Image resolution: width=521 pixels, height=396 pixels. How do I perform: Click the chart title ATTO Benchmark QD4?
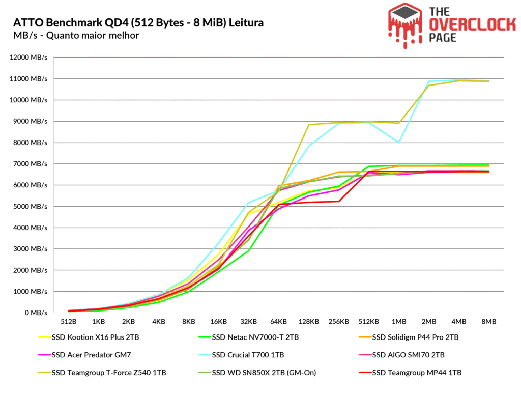click(x=138, y=23)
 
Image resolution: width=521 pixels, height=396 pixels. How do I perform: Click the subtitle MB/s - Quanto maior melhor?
click(x=76, y=35)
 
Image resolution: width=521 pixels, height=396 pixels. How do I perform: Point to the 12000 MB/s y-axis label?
click(x=28, y=58)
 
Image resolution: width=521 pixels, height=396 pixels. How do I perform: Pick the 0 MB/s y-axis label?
click(x=36, y=313)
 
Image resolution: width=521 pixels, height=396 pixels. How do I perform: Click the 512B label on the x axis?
click(x=69, y=322)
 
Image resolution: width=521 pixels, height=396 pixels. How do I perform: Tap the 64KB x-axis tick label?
click(x=279, y=322)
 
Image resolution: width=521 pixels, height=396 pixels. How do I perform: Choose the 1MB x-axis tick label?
click(x=399, y=322)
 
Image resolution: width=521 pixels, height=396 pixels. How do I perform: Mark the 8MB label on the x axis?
click(x=489, y=322)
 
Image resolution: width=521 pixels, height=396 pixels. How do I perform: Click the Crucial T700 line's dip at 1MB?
click(x=399, y=143)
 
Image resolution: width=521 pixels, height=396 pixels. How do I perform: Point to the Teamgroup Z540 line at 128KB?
click(x=309, y=125)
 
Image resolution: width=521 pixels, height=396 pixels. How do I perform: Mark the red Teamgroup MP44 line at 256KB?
click(x=339, y=201)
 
